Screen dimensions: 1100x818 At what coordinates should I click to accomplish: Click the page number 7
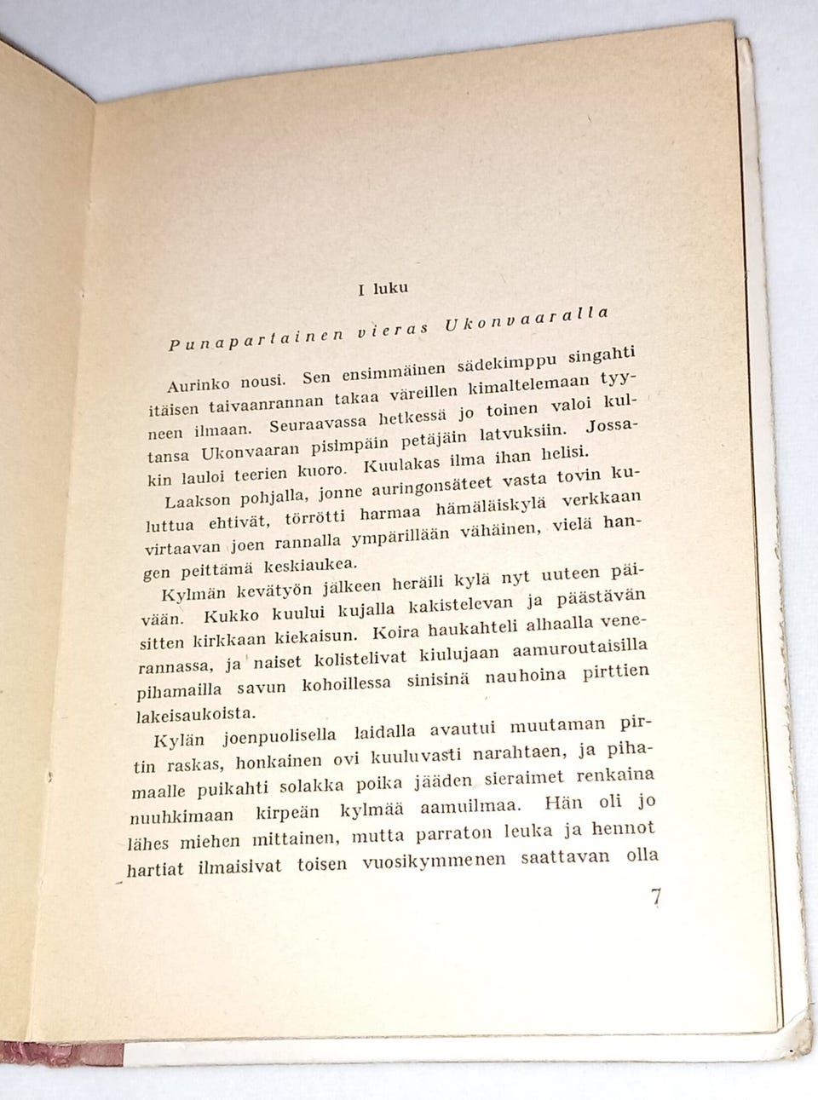tap(655, 899)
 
